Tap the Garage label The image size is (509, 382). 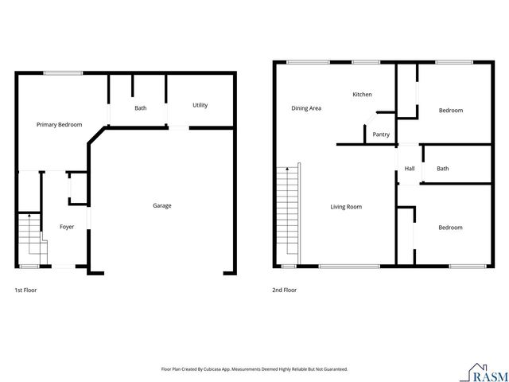[x=162, y=205]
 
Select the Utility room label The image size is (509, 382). [x=200, y=105]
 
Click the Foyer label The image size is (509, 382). [x=67, y=227]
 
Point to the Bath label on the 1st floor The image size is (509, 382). [x=141, y=108]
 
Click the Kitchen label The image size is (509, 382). [x=362, y=95]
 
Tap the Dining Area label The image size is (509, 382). [x=306, y=108]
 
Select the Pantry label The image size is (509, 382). [x=381, y=134]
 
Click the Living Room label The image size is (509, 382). [x=346, y=207]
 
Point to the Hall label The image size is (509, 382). [x=410, y=169]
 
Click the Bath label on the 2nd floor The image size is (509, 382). [x=442, y=169]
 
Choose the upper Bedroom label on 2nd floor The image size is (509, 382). [x=450, y=111]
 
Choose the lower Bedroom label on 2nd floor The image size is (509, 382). [x=450, y=228]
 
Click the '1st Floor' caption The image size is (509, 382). [x=25, y=290]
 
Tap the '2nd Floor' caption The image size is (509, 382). [x=285, y=290]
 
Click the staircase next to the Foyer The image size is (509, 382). [x=29, y=236]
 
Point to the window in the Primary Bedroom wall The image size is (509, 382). [x=63, y=73]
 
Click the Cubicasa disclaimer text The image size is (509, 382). [x=254, y=369]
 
